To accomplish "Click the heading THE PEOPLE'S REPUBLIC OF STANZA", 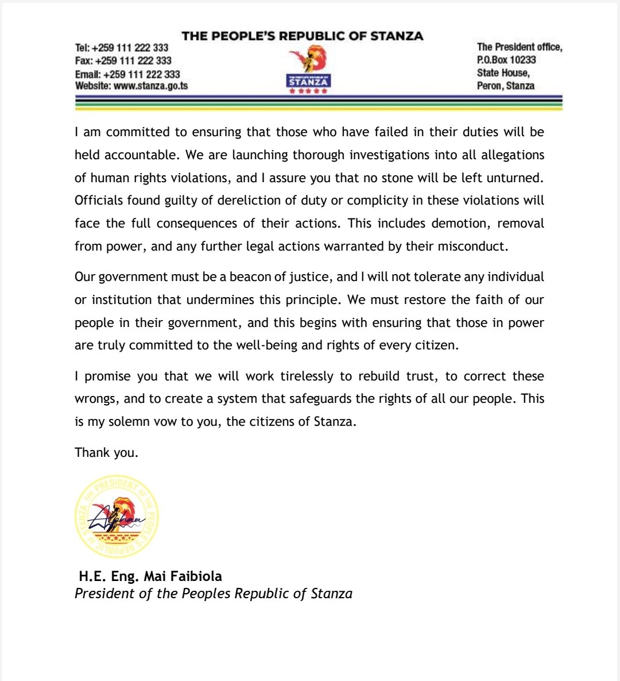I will coord(302,36).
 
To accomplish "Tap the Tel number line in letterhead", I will coord(122,48).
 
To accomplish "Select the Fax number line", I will coord(123,61).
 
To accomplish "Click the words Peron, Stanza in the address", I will coord(505,86).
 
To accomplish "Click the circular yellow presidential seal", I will coord(117,518).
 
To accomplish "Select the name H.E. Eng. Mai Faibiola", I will coord(150,576).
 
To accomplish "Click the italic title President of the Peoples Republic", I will coord(213,594).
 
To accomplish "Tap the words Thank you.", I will coord(106,453).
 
